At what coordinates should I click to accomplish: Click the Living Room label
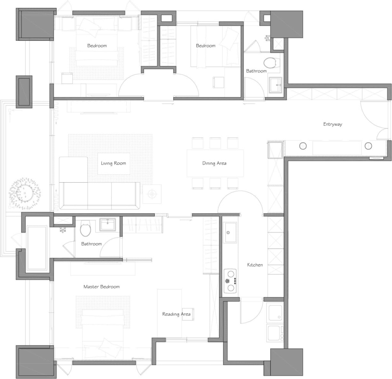tap(113, 163)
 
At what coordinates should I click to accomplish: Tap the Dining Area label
tap(214, 163)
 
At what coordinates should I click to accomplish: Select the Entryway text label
tap(333, 124)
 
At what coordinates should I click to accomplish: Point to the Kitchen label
tap(255, 265)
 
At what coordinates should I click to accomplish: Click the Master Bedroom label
tap(101, 287)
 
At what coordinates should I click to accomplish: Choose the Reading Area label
tap(176, 314)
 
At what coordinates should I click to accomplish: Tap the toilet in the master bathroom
tap(85, 228)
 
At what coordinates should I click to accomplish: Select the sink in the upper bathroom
tap(276, 85)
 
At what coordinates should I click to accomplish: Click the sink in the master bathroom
tap(108, 224)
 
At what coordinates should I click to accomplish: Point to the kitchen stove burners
tap(230, 281)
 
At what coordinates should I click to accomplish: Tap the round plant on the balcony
tap(25, 193)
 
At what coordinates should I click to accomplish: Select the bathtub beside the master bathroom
tap(37, 248)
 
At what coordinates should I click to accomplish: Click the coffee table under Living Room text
tap(113, 163)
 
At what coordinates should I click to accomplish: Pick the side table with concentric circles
tap(152, 194)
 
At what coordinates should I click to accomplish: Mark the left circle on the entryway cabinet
tap(303, 146)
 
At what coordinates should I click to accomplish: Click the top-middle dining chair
tap(215, 143)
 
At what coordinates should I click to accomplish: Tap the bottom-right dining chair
tap(232, 183)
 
